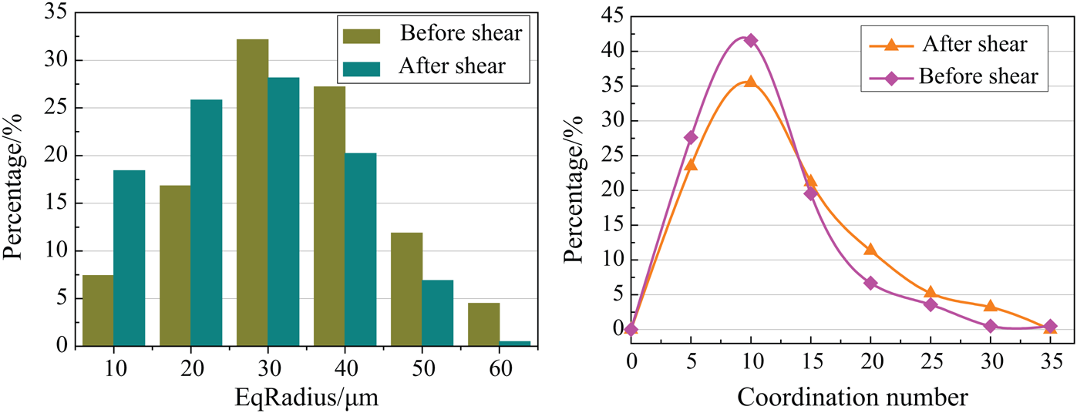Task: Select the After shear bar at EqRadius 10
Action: (x=130, y=258)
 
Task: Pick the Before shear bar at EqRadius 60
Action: (x=484, y=324)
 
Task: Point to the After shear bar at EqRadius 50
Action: (x=438, y=313)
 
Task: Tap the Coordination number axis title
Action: (x=853, y=398)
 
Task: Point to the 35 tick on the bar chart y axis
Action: (x=58, y=13)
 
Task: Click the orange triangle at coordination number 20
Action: (x=870, y=249)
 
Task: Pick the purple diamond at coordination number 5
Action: (x=691, y=137)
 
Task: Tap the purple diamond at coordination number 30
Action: (x=990, y=326)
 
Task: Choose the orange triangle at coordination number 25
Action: (x=931, y=292)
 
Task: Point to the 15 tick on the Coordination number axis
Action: (x=810, y=360)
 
